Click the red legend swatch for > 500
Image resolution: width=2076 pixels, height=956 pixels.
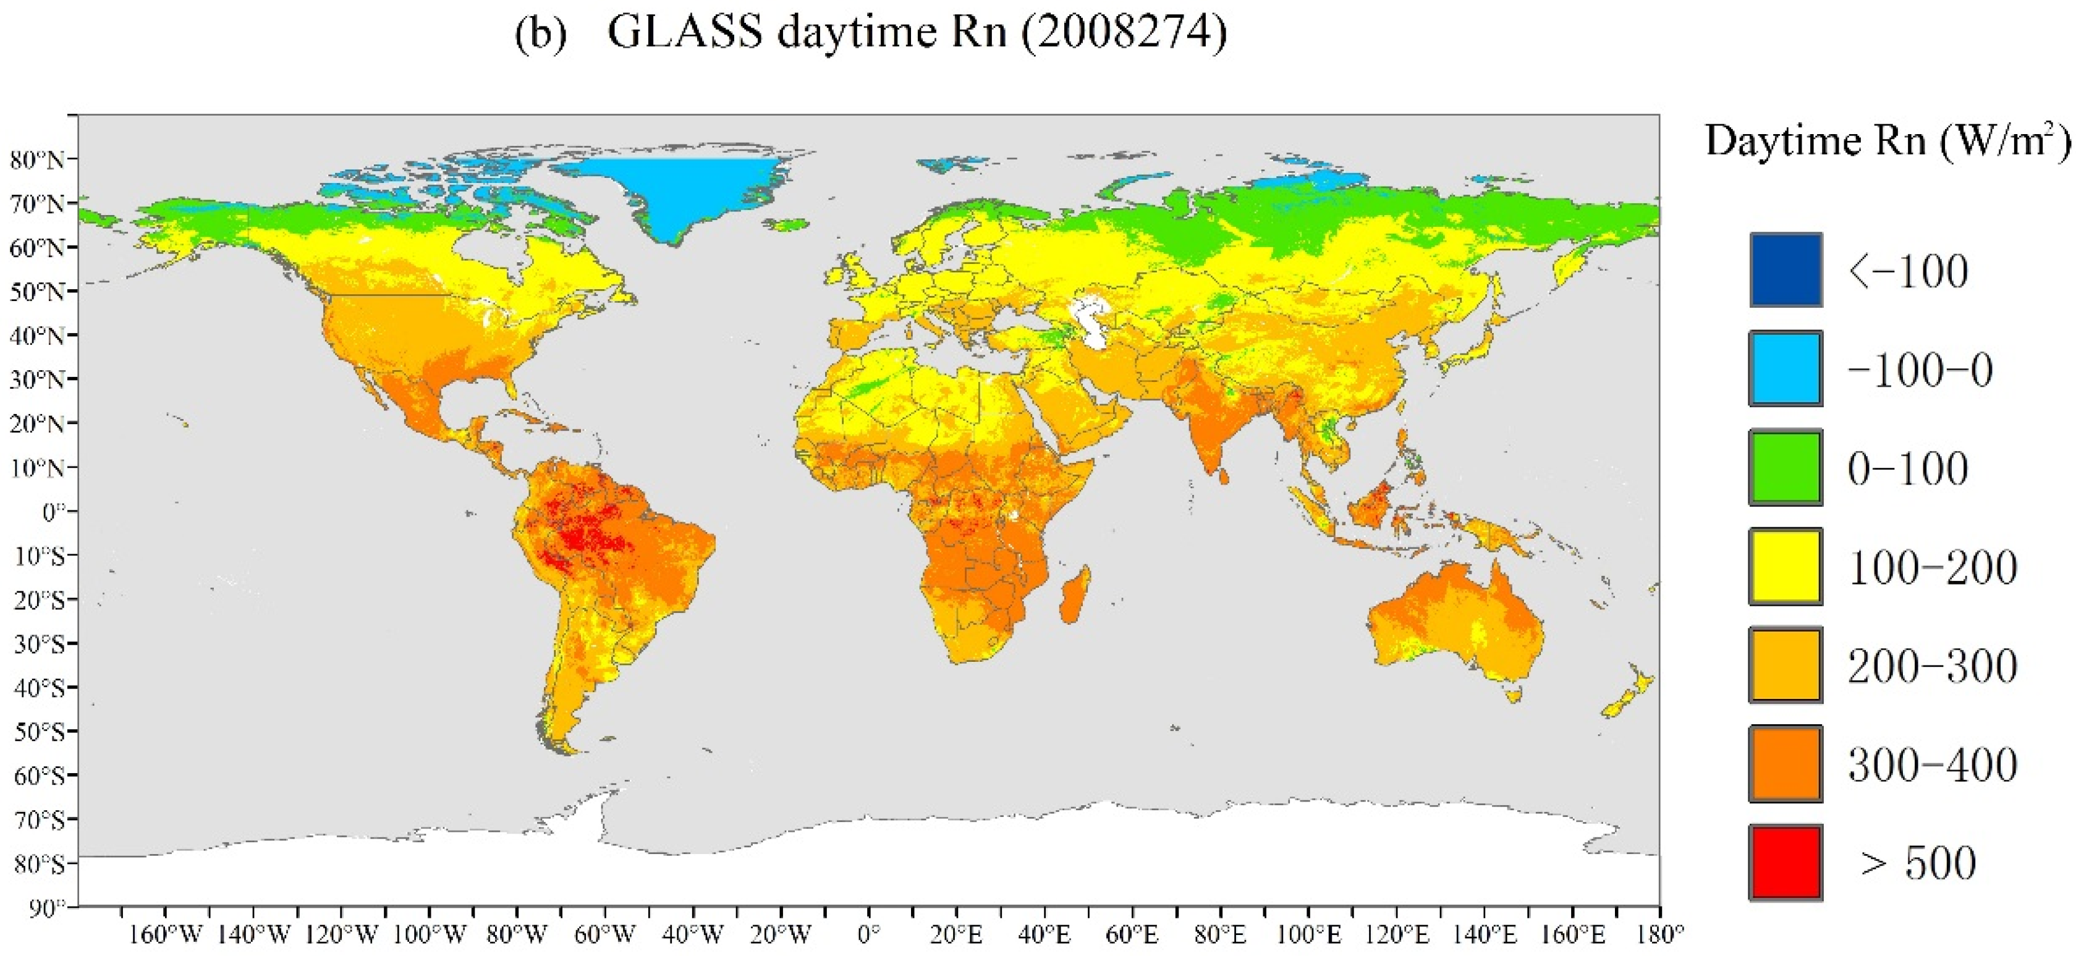pyautogui.click(x=1785, y=861)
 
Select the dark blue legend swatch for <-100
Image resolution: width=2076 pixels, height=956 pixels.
pyautogui.click(x=1785, y=270)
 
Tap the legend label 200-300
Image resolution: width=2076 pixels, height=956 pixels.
pyautogui.click(x=1932, y=666)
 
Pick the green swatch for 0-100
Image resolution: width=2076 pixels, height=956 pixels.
pyautogui.click(x=1785, y=468)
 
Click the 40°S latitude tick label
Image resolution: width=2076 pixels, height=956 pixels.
pyautogui.click(x=39, y=688)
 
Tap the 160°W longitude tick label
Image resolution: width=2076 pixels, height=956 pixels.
pyautogui.click(x=165, y=935)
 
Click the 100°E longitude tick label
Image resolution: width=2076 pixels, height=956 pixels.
pyautogui.click(x=1309, y=935)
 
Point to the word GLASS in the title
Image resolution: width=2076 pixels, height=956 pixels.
pyautogui.click(x=684, y=32)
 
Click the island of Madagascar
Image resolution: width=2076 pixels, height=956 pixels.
pyautogui.click(x=1075, y=595)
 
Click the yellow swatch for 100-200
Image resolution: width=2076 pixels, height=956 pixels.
pyautogui.click(x=1785, y=567)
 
